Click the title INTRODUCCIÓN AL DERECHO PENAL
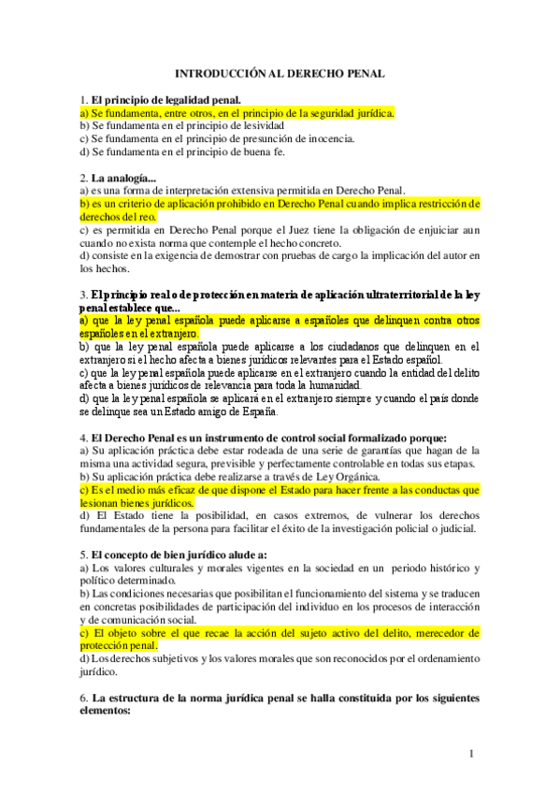(280, 72)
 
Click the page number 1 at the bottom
(472, 754)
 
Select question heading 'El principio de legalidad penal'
(165, 99)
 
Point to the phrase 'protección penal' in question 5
(118, 645)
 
